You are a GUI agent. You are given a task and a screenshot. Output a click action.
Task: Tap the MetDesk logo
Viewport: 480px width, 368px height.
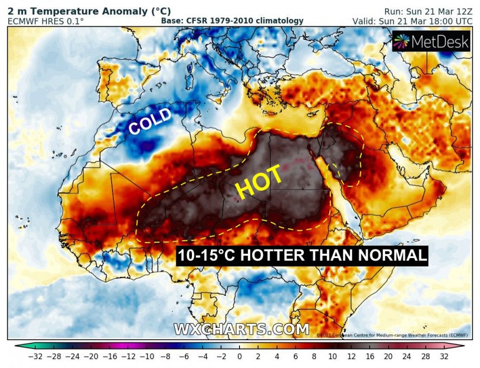pyautogui.click(x=431, y=42)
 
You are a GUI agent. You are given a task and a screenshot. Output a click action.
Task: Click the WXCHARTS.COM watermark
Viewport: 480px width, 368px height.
pyautogui.click(x=241, y=329)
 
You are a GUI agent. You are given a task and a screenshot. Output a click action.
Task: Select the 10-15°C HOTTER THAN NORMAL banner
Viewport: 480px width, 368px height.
pyautogui.click(x=302, y=256)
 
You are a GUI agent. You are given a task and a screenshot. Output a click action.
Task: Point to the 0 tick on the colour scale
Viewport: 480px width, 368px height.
pyautogui.click(x=239, y=356)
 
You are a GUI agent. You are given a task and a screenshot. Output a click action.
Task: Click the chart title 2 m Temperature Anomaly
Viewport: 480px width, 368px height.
pyautogui.click(x=89, y=11)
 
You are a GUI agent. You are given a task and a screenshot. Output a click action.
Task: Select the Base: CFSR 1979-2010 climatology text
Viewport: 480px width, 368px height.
pyautogui.click(x=232, y=21)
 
